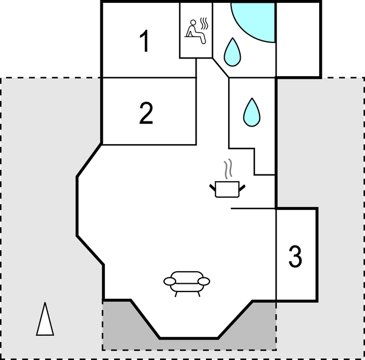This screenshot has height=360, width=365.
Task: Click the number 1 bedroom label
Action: (x=145, y=41)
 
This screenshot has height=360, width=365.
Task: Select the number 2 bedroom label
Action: (x=146, y=113)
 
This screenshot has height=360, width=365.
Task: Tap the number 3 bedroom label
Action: (x=295, y=257)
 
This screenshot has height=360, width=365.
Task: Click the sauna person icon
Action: (x=195, y=32)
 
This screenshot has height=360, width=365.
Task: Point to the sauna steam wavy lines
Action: (x=204, y=24)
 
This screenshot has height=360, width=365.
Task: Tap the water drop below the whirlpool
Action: (x=232, y=52)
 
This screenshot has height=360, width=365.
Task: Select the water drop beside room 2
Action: (x=252, y=113)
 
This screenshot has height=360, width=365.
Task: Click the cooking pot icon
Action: (x=227, y=189)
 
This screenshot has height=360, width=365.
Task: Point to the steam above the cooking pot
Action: (x=228, y=169)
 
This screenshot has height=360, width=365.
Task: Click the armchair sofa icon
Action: (x=187, y=284)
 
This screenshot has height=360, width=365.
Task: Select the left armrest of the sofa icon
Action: (x=170, y=282)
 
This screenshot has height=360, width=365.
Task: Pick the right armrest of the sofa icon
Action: (x=204, y=282)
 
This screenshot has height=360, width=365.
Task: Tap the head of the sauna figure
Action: (x=193, y=22)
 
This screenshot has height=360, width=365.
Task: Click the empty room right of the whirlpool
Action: (x=298, y=40)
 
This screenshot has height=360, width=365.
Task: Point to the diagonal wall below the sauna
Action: (x=220, y=67)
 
